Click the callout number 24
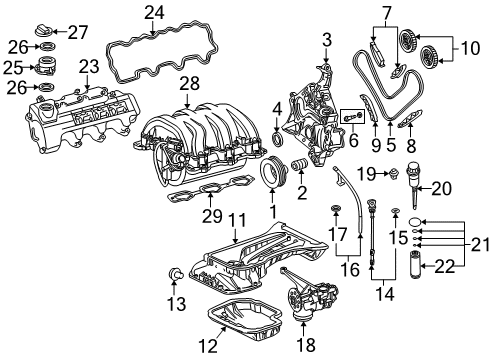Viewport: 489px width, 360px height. pos(153,13)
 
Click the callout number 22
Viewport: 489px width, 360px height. pos(443,265)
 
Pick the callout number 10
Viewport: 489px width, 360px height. pos(467,47)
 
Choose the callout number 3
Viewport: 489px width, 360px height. pos(326,39)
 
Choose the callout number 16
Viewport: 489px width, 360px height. pos(347,268)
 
